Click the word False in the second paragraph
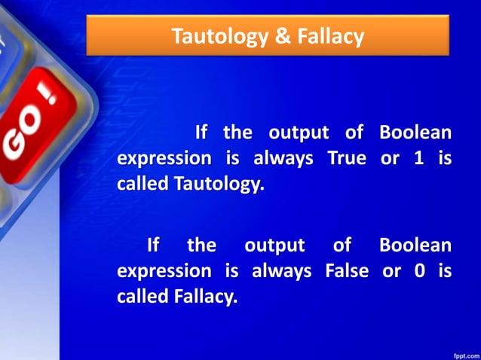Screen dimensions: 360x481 pyautogui.click(x=348, y=271)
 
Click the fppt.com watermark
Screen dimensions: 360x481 pyautogui.click(x=462, y=352)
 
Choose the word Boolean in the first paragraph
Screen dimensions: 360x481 pyautogui.click(x=415, y=133)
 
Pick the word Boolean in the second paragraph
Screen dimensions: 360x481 pyautogui.click(x=415, y=246)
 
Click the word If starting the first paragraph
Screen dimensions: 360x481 pyautogui.click(x=201, y=133)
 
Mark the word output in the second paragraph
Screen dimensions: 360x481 pyautogui.click(x=274, y=246)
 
